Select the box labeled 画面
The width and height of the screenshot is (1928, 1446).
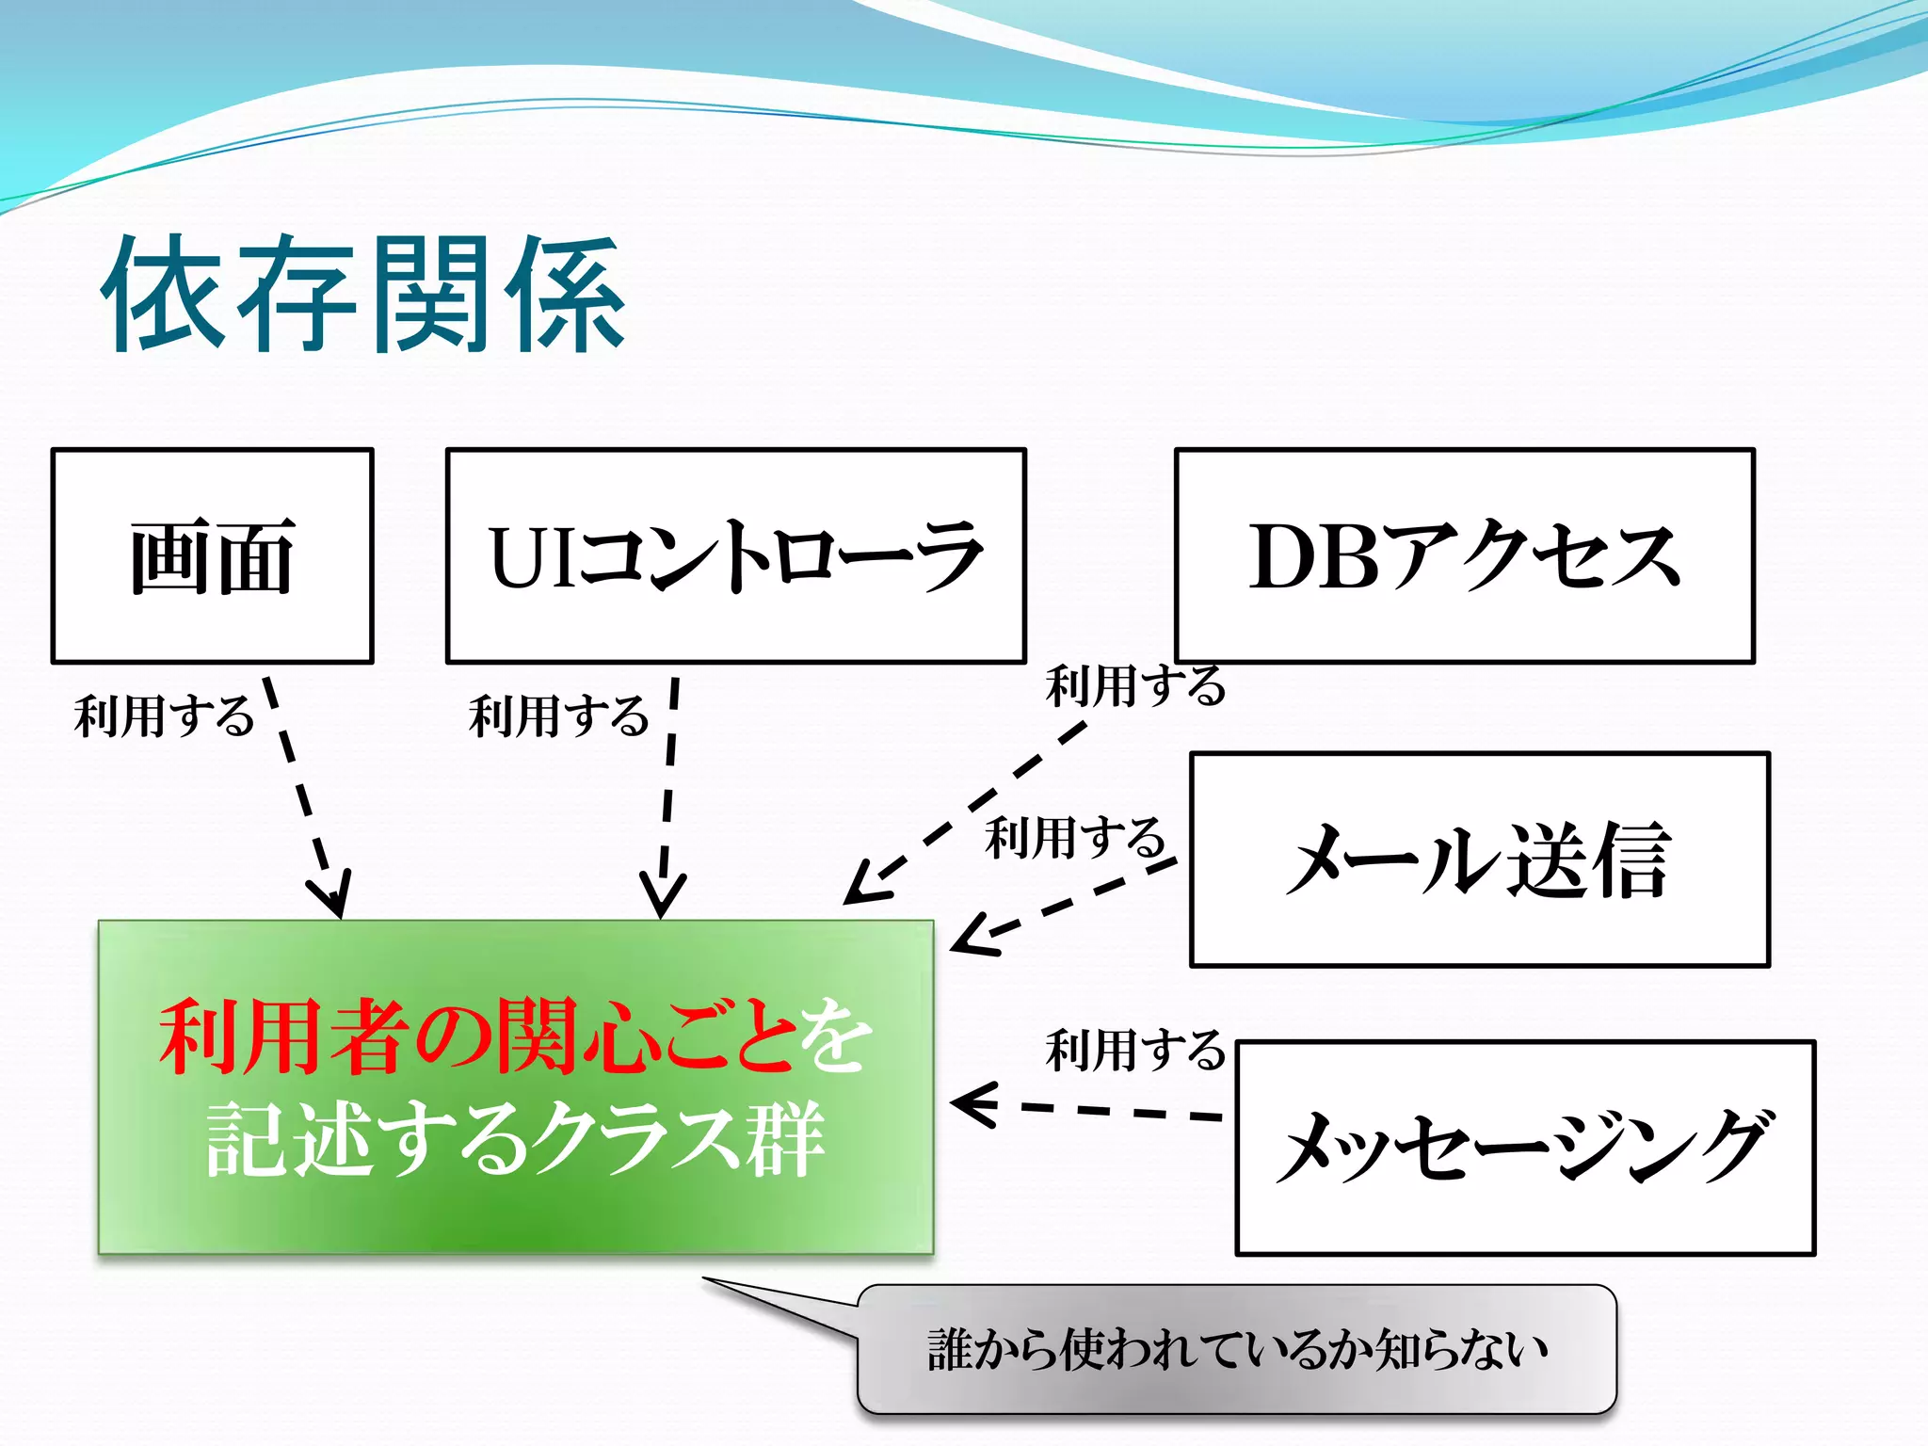tap(213, 556)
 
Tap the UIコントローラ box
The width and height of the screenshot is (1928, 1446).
tap(735, 556)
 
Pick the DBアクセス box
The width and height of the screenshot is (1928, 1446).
tap(1464, 556)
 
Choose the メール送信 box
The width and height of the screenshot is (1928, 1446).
tap(1479, 859)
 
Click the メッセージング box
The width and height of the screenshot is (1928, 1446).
tap(1524, 1148)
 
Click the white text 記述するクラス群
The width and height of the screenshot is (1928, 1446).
tap(515, 1140)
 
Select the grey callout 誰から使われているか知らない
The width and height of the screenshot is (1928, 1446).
tap(1236, 1348)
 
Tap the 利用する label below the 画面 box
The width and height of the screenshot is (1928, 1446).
tap(165, 715)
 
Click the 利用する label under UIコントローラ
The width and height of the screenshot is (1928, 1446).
tap(559, 715)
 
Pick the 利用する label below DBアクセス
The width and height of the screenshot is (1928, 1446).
tap(1135, 685)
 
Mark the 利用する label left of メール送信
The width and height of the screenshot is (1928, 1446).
tap(1075, 837)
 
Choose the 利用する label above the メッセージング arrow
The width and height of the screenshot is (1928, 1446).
tap(1135, 1050)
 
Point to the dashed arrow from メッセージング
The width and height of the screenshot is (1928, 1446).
tap(1101, 1110)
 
